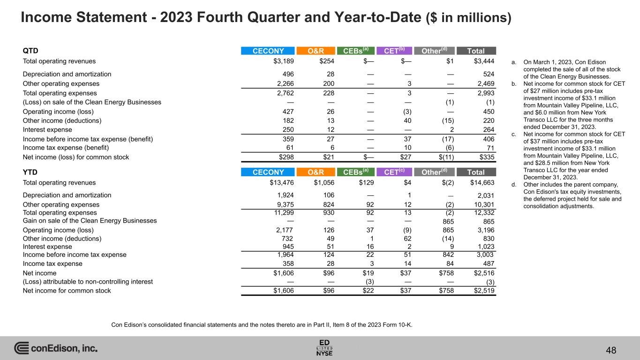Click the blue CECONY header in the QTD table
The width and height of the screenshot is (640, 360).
267,51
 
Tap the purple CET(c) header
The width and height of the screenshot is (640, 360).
394,172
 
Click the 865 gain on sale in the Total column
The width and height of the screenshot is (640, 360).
488,221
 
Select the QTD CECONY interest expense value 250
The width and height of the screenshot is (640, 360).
288,130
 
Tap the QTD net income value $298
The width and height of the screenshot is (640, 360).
287,157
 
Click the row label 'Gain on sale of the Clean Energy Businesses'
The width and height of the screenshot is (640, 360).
90,221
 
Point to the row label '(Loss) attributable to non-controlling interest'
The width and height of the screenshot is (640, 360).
88,282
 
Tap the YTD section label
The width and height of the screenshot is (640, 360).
30,172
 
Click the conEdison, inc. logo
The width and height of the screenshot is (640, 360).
56,348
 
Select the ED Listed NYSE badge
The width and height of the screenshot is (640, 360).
324,347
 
